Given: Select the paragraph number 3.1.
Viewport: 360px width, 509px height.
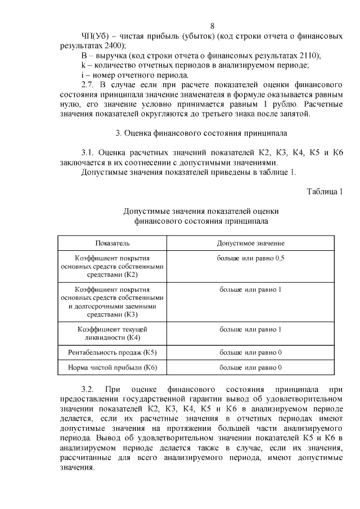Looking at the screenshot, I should [x=89, y=153].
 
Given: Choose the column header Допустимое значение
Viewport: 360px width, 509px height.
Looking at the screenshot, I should [x=250, y=243].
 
